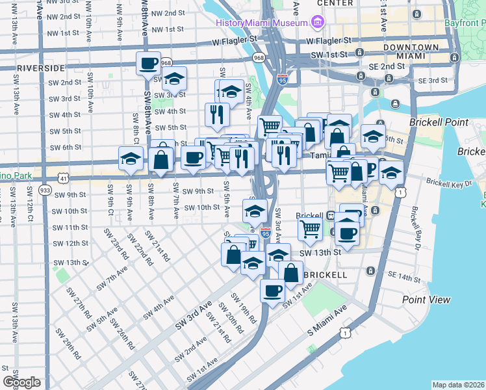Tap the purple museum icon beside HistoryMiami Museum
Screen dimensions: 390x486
[x=318, y=23]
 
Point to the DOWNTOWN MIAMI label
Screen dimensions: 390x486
[x=410, y=52]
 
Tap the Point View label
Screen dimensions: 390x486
[x=426, y=300]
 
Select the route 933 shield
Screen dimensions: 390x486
[x=45, y=189]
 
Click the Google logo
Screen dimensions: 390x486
[x=21, y=382]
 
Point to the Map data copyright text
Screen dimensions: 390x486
[x=458, y=385]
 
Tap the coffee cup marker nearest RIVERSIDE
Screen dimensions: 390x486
[x=148, y=64]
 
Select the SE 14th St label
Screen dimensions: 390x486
[x=404, y=278]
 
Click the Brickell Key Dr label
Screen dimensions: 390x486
[x=448, y=184]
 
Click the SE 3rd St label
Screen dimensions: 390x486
[x=434, y=81]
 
